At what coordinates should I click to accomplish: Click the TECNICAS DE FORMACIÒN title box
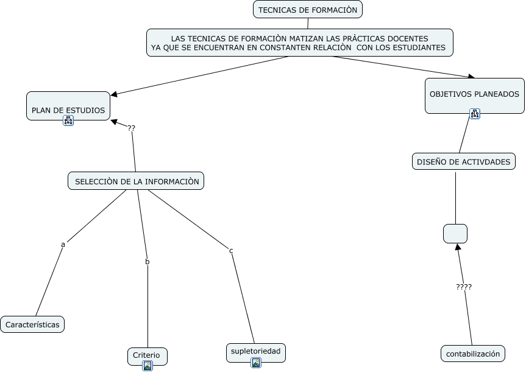point(308,9)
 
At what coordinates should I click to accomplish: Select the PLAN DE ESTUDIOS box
point(68,106)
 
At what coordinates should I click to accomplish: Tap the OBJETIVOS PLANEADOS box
point(474,95)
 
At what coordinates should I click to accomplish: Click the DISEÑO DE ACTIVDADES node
point(464,161)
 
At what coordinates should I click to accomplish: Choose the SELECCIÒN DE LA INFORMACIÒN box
point(136,181)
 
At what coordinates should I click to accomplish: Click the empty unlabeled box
point(455,234)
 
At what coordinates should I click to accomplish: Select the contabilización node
point(473,354)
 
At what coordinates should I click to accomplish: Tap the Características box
point(32,324)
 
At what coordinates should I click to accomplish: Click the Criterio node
point(146,355)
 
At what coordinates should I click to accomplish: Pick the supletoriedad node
point(255,351)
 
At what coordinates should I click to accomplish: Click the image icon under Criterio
point(147,366)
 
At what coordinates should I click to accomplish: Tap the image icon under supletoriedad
point(256,363)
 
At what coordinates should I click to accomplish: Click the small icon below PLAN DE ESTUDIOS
point(68,120)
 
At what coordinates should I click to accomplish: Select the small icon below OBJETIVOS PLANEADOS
point(475,113)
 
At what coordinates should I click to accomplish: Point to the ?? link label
point(132,128)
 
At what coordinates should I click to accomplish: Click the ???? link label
point(464,287)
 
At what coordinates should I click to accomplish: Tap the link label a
point(63,245)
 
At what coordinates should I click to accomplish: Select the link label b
point(147,262)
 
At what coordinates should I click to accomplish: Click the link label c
point(231,251)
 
